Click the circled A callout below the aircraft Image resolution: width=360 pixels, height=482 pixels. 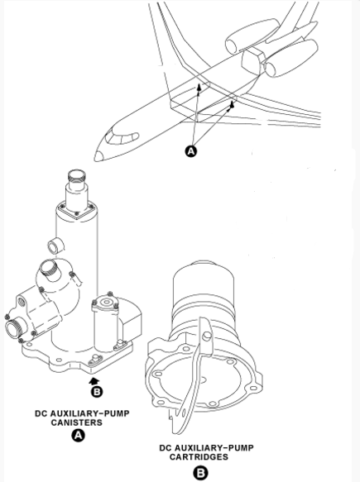coord(191,151)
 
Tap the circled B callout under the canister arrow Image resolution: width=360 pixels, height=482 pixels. coord(97,392)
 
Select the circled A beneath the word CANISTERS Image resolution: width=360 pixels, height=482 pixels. coord(78,435)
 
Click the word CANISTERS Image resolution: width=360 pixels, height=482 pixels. coord(77,422)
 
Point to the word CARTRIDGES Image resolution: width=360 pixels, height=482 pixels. coord(199,457)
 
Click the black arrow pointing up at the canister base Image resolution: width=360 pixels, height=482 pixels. coord(94,381)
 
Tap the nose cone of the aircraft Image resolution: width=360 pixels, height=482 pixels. coord(98,156)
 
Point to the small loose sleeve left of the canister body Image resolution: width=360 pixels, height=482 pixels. coord(55,246)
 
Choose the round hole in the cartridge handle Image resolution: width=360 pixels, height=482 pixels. coord(207,336)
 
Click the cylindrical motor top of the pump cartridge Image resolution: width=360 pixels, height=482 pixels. coord(204,281)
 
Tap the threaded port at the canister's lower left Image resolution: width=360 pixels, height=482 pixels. coord(14,327)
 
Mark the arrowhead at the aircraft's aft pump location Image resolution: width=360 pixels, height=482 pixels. coord(232,104)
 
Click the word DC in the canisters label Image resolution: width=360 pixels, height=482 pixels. coord(41,413)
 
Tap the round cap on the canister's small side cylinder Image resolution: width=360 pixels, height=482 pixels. coord(106,303)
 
